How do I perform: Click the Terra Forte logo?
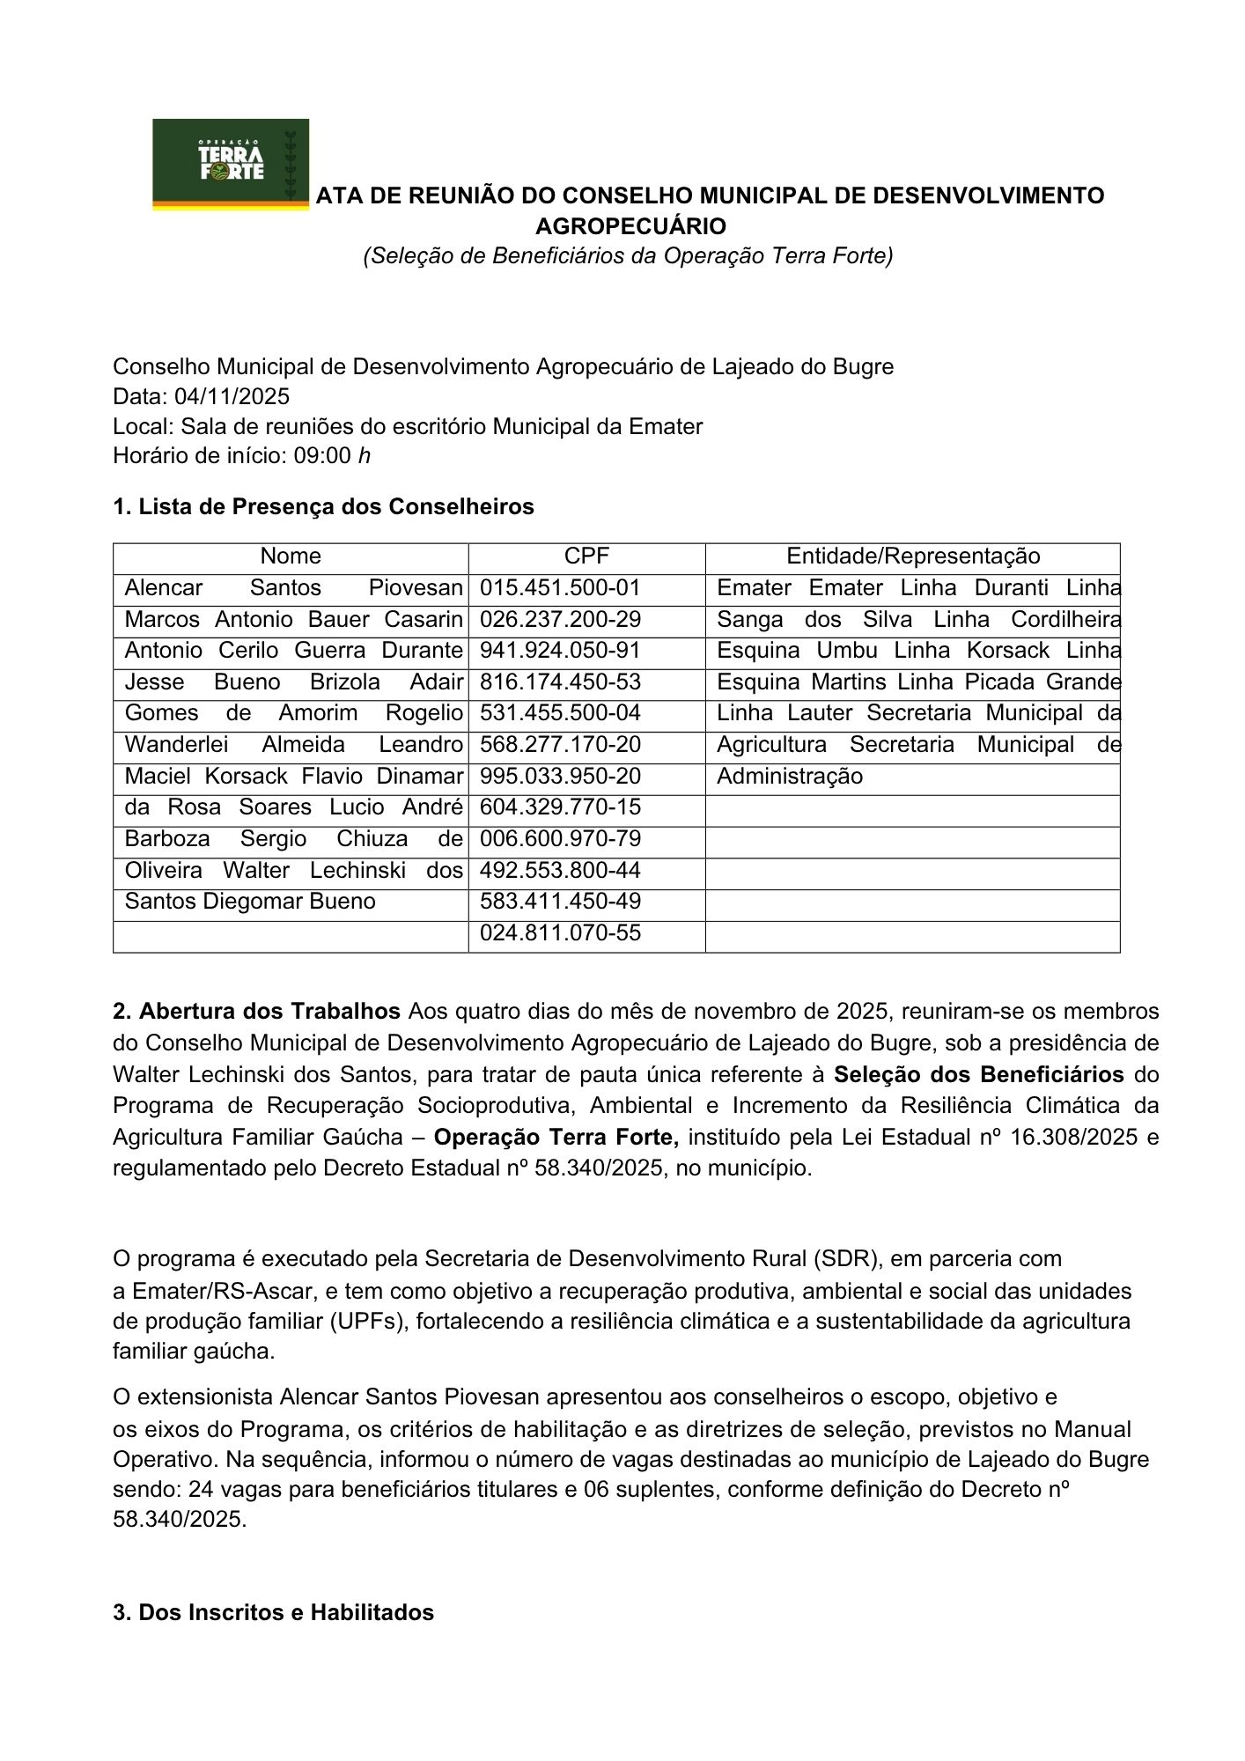(231, 163)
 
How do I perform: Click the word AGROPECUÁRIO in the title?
(630, 226)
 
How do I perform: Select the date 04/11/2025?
(232, 396)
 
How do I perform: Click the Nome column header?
(291, 556)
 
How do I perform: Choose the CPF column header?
(586, 556)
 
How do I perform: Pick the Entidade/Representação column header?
(912, 556)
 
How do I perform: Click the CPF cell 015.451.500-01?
(560, 588)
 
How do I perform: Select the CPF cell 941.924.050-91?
(560, 651)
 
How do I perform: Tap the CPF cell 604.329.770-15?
(560, 807)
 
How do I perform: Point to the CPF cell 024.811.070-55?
(560, 933)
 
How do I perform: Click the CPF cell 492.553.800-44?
(560, 871)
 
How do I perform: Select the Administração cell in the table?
(790, 777)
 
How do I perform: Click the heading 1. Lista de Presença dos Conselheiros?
(323, 507)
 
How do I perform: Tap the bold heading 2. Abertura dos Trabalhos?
(257, 1011)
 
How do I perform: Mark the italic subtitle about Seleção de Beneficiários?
(629, 255)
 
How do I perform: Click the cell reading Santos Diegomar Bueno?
(250, 902)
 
